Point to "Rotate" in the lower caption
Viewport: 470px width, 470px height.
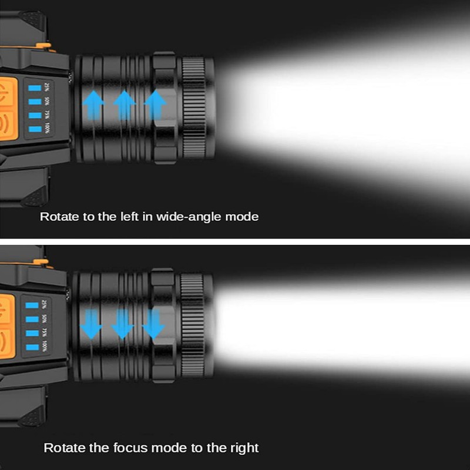click(x=64, y=448)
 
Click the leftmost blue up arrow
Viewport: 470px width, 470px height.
click(x=93, y=106)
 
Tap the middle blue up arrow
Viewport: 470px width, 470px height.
click(x=124, y=106)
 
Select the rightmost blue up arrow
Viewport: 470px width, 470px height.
click(x=155, y=106)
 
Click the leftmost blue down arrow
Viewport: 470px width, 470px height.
click(x=91, y=324)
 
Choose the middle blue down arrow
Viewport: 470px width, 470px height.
click(x=122, y=324)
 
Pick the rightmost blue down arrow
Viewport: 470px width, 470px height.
click(x=153, y=324)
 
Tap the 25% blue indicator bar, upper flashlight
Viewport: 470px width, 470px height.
click(x=33, y=88)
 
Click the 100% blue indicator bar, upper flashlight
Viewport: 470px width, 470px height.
click(x=33, y=128)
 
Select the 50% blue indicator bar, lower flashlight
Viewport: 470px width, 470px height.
click(x=32, y=320)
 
